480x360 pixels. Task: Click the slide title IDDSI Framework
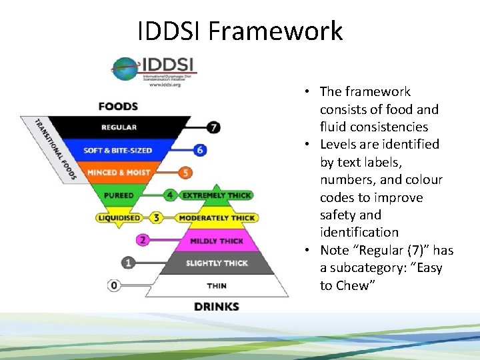coord(240,31)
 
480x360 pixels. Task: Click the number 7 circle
coord(213,127)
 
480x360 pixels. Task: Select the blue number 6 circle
coord(199,150)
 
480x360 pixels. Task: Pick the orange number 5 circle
coord(186,173)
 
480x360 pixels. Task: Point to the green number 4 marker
coord(171,195)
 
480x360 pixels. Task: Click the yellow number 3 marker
coord(156,217)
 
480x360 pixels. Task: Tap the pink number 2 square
coord(142,240)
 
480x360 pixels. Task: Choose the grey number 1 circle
coord(128,263)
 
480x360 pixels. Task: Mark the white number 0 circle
coord(114,285)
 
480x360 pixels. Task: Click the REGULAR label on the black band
coord(119,127)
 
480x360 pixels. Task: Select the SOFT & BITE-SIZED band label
coord(117,150)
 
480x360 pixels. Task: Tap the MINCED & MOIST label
coord(118,173)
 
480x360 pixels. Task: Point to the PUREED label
coord(119,195)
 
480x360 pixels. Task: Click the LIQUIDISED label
coord(119,217)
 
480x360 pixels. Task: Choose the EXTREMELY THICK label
coord(217,195)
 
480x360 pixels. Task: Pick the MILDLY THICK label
coord(217,241)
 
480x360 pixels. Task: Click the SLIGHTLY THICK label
coord(217,263)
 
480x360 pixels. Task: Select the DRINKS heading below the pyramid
coord(216,307)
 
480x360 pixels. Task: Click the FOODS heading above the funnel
coord(118,106)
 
